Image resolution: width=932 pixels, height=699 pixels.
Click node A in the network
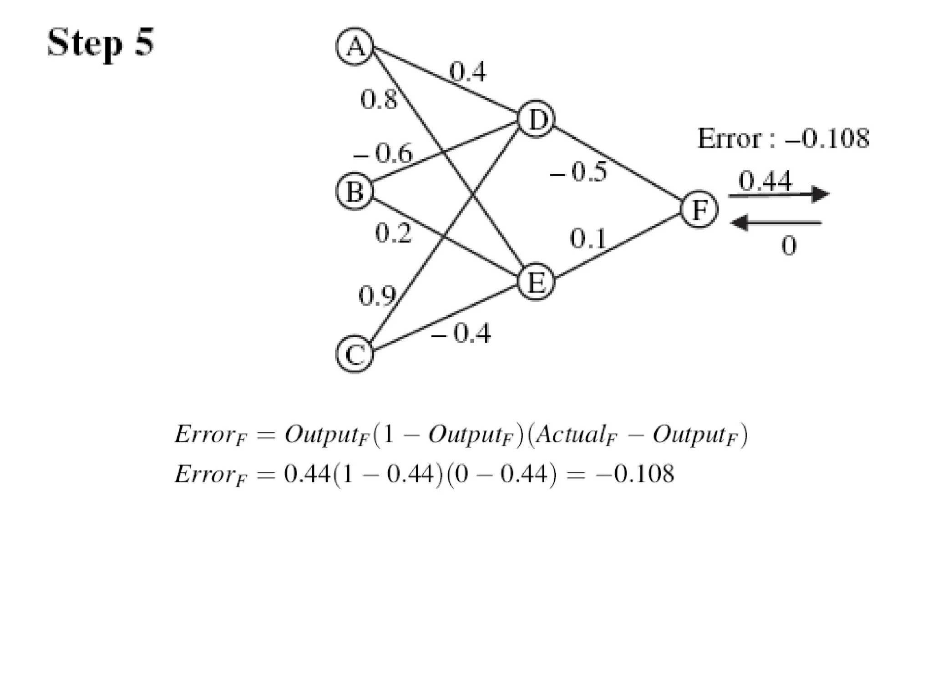pyautogui.click(x=355, y=46)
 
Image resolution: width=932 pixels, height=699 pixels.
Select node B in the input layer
pyautogui.click(x=355, y=192)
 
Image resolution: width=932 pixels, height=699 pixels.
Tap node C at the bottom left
pyautogui.click(x=355, y=354)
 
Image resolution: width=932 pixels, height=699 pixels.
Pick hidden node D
pyautogui.click(x=537, y=119)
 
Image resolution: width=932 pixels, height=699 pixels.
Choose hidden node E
pyautogui.click(x=537, y=282)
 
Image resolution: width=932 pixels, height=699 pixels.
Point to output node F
pyautogui.click(x=699, y=209)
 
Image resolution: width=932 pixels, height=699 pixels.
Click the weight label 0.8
pyautogui.click(x=378, y=100)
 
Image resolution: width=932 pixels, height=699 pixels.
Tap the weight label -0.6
pyautogui.click(x=384, y=153)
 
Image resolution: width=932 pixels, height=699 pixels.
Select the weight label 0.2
pyautogui.click(x=393, y=233)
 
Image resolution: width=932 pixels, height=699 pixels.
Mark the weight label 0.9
pyautogui.click(x=377, y=296)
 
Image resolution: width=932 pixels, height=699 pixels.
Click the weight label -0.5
pyautogui.click(x=579, y=172)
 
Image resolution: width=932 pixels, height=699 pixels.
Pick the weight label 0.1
pyautogui.click(x=588, y=238)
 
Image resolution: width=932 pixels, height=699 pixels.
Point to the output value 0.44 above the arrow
pyautogui.click(x=765, y=181)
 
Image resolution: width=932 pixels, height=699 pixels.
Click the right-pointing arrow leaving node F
pyautogui.click(x=779, y=195)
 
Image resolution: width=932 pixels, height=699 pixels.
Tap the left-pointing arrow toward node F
pyautogui.click(x=776, y=223)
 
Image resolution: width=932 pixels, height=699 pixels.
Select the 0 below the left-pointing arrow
pyautogui.click(x=789, y=246)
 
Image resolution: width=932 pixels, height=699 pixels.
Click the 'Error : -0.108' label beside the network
pyautogui.click(x=783, y=138)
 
